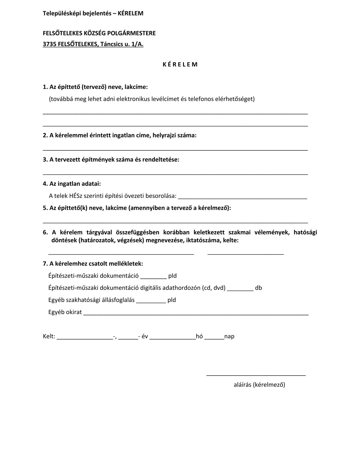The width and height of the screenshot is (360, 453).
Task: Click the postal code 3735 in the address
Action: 49,44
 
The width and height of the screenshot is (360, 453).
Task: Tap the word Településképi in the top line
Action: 60,13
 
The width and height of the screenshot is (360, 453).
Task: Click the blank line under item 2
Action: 175,150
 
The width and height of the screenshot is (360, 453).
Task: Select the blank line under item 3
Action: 175,174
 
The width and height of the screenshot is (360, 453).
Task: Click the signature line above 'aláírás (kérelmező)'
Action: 256,375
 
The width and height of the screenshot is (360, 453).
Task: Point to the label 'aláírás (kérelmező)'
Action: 259,385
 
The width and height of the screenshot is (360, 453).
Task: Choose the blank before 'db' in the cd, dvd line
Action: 240,290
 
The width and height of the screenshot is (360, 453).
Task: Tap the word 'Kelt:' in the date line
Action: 49,336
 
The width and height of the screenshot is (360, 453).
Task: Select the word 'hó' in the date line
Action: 199,336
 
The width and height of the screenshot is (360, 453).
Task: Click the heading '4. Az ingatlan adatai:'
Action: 72,184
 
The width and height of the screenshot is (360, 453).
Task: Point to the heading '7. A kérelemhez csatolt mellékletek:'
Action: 93,264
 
